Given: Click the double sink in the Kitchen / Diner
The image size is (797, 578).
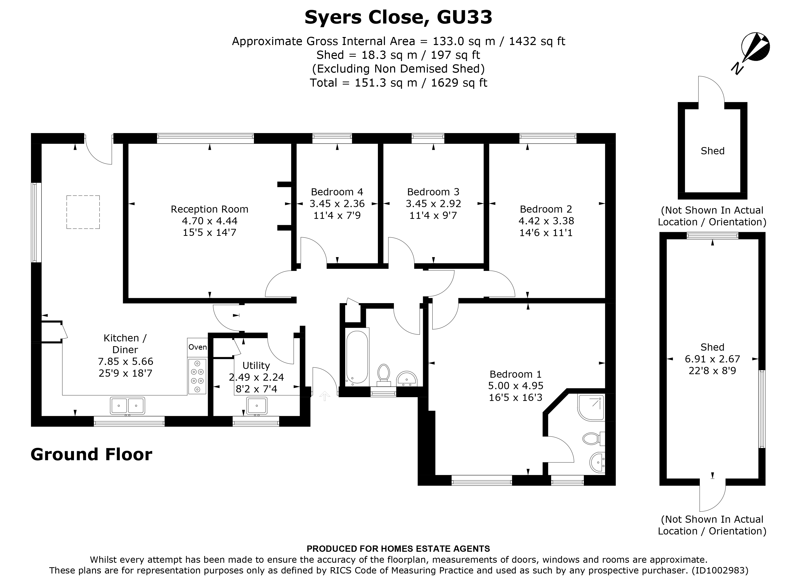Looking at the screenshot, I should (x=127, y=406).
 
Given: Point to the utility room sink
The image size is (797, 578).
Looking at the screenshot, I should (x=256, y=406).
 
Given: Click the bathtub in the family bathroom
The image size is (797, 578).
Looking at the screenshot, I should (x=357, y=357).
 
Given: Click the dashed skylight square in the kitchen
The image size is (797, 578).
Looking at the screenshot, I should (x=83, y=212).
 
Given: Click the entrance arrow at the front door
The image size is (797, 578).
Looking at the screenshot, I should (x=324, y=396).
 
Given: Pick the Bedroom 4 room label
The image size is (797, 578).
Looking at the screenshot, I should (x=337, y=192).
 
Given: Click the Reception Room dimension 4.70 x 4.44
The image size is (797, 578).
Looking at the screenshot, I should (x=209, y=221).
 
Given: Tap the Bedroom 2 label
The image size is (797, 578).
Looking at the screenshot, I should (x=546, y=209).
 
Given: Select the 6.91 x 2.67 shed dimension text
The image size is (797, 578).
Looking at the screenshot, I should (x=712, y=359).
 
